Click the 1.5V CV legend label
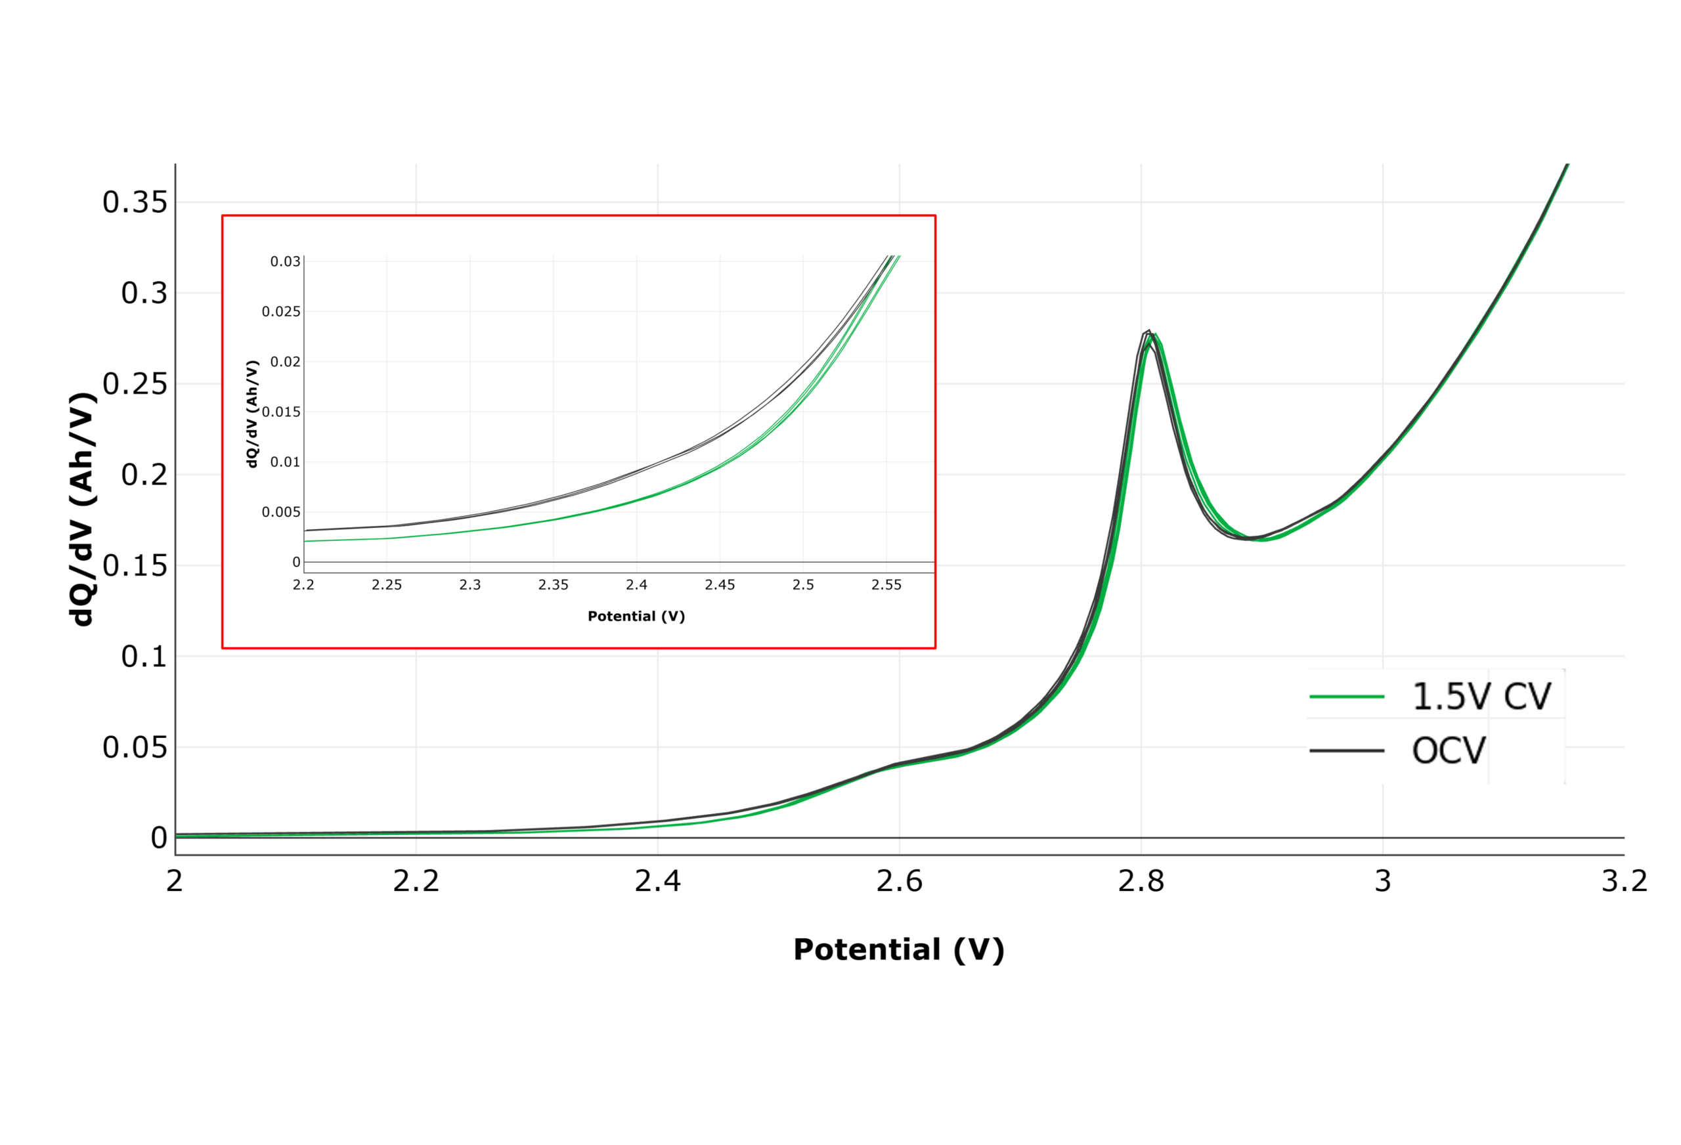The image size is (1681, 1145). click(x=1481, y=697)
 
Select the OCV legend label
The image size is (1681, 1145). click(x=1448, y=751)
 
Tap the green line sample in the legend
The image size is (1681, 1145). click(x=1346, y=697)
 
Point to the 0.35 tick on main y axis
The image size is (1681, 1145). click(x=135, y=202)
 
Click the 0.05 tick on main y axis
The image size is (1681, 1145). click(x=135, y=747)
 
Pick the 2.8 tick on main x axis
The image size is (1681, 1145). click(x=1141, y=881)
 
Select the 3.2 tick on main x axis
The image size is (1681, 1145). click(x=1624, y=881)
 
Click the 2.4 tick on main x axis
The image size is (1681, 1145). click(x=657, y=881)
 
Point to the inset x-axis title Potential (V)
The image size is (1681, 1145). click(x=636, y=616)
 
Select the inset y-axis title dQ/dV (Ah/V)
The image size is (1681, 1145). click(x=251, y=414)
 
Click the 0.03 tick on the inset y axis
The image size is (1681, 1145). click(x=285, y=262)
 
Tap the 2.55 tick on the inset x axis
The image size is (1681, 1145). click(x=886, y=585)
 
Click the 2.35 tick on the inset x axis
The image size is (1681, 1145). click(x=553, y=585)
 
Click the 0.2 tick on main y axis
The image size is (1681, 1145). click(x=144, y=475)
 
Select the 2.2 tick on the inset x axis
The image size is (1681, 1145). click(x=303, y=585)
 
